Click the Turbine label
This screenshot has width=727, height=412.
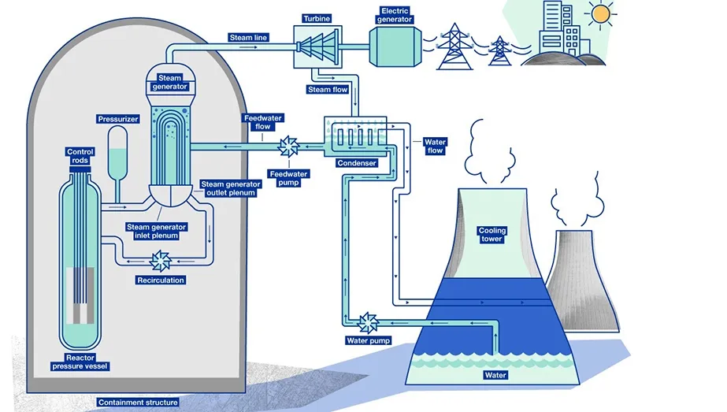(x=315, y=17)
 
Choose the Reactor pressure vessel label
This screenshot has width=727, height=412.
(x=80, y=362)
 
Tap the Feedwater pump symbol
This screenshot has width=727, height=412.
(x=287, y=146)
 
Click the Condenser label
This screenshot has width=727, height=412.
(x=356, y=163)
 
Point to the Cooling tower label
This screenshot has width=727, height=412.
(x=492, y=235)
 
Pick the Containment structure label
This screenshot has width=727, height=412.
(x=138, y=403)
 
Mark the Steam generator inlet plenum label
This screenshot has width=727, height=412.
(x=158, y=231)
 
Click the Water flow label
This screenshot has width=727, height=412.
(x=435, y=147)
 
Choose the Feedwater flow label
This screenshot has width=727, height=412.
(x=258, y=122)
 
